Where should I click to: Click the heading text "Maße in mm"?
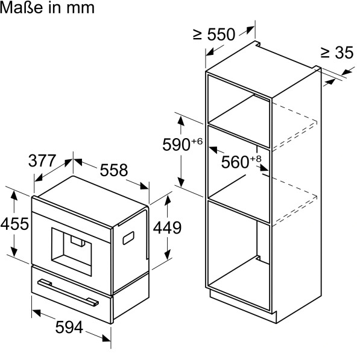click(47, 8)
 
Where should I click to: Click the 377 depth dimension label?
click(42, 160)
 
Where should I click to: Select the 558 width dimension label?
click(114, 170)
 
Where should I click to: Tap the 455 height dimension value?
click(14, 224)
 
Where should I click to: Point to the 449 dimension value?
click(167, 227)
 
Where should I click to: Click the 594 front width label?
click(69, 327)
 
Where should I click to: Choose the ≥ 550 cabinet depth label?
click(214, 34)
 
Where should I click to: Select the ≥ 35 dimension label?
click(337, 52)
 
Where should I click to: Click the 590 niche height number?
click(176, 145)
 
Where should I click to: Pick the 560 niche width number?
click(235, 162)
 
